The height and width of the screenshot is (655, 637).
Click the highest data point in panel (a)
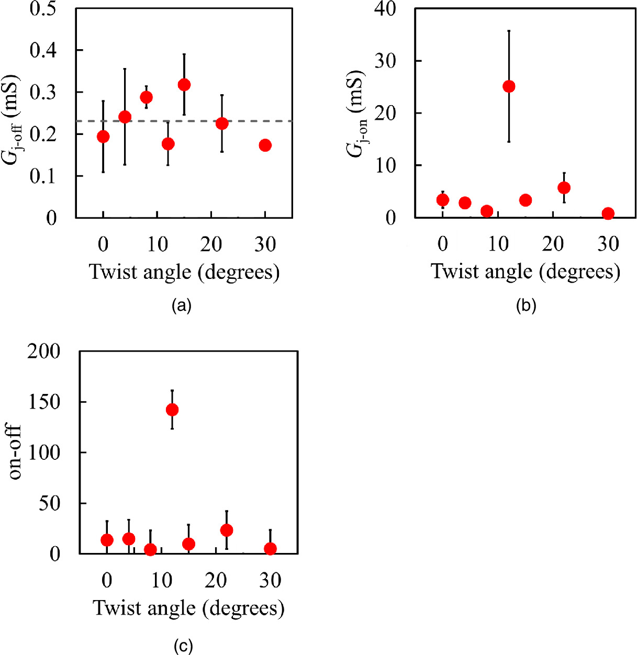184,85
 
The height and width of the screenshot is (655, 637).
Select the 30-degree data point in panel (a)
265,145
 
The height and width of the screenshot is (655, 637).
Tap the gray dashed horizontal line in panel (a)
241,121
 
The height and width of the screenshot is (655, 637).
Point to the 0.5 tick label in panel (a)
43,8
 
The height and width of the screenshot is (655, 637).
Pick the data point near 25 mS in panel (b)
508,86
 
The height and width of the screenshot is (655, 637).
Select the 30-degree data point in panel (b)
608,213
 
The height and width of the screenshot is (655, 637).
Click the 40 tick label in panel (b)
385,8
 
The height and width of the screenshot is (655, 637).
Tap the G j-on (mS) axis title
356,113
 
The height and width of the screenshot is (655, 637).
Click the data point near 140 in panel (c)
172,410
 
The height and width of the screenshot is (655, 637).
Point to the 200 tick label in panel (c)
44,352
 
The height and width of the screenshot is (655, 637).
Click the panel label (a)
182,306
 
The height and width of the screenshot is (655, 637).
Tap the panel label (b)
526,306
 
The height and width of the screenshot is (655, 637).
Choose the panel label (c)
183,647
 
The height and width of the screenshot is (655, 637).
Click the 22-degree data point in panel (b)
564,188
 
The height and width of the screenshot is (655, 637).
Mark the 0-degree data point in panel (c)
107,540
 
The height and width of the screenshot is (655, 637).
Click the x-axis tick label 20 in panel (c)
216,580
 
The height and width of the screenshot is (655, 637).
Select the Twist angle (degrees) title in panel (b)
526,272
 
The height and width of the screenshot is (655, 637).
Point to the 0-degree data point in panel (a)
103,137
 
